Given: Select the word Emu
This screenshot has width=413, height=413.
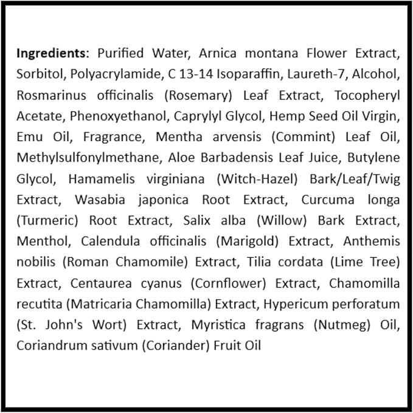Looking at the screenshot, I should [x=29, y=137].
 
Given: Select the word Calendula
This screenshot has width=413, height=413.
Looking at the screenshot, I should [x=111, y=241].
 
